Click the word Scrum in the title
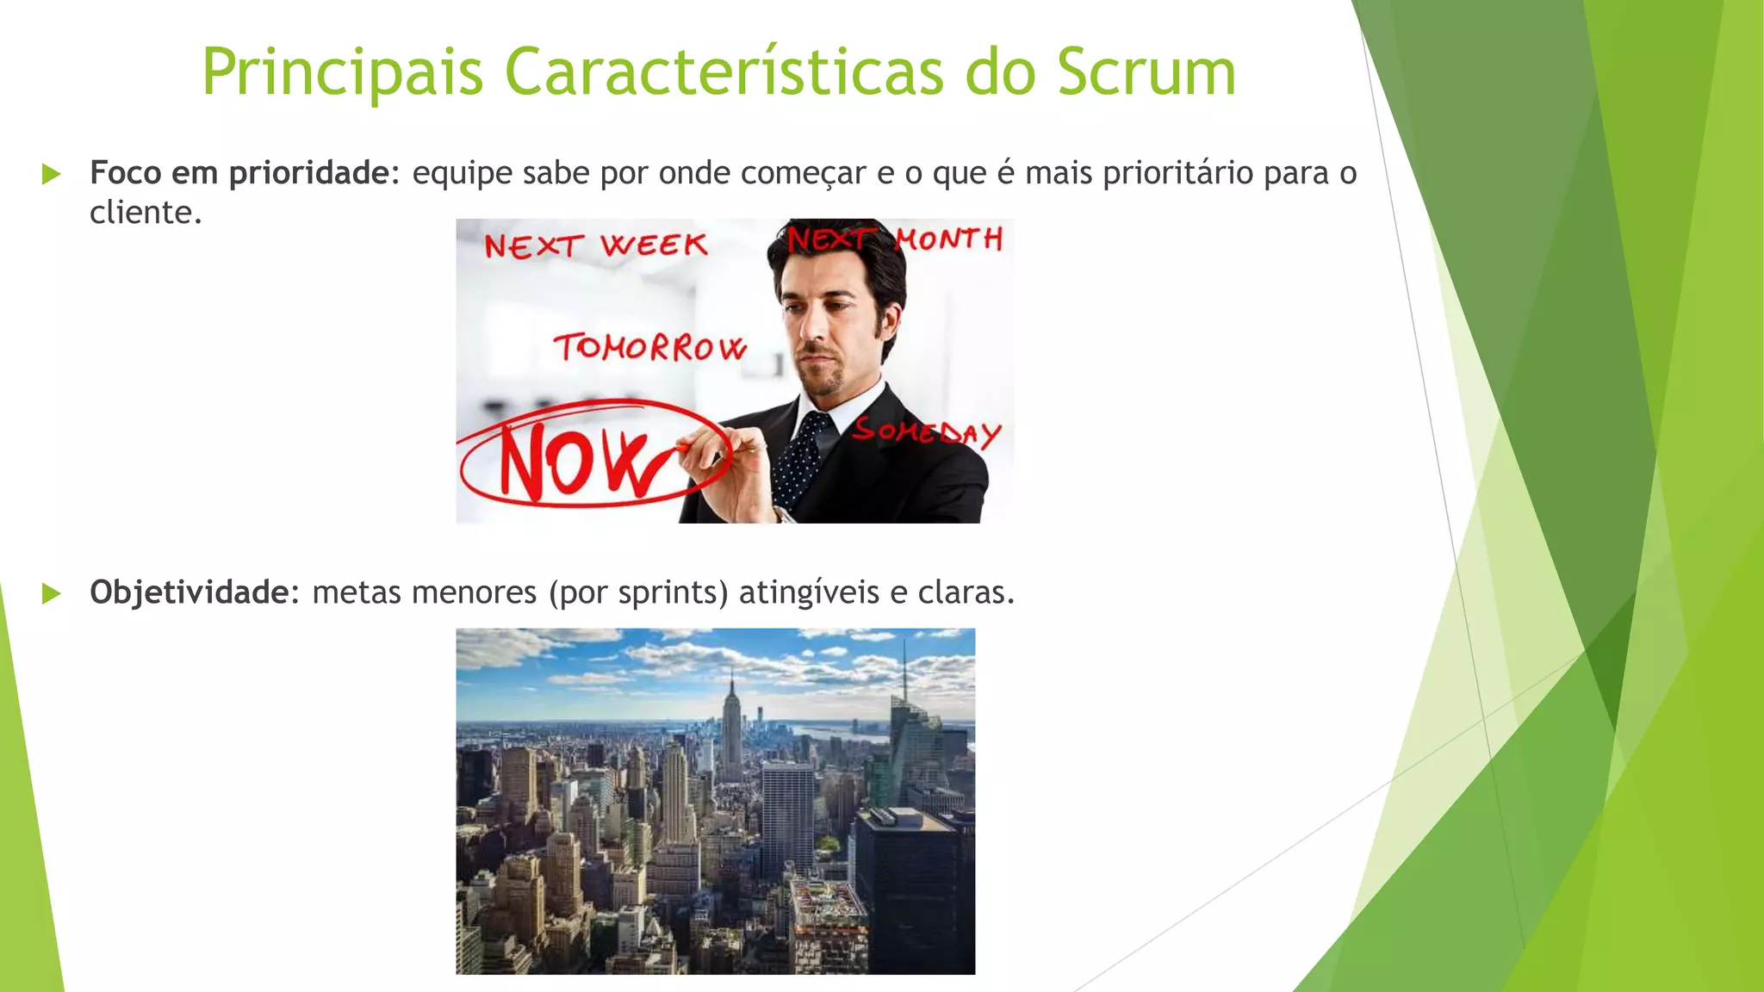(x=1146, y=72)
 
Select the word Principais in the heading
(x=342, y=72)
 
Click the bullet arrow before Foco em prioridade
(x=52, y=174)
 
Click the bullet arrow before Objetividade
(x=52, y=593)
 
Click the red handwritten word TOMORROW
(x=649, y=348)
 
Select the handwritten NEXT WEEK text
(x=595, y=246)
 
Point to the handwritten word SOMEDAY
(x=926, y=431)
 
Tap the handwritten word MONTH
(x=948, y=239)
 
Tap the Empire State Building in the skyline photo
(x=732, y=732)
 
